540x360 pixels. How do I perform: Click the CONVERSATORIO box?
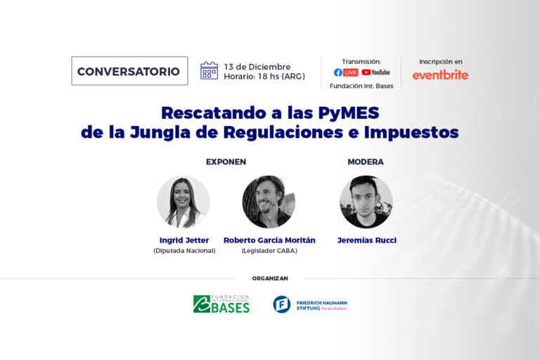129,71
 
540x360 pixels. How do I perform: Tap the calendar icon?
209,70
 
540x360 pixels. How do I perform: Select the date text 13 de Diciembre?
257,67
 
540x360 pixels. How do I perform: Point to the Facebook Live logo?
346,72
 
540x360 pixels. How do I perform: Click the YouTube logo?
375,72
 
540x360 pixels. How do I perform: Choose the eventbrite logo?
440,75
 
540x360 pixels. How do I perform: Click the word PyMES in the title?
349,113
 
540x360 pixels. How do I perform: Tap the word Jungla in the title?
160,133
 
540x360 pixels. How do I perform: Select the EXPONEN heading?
226,162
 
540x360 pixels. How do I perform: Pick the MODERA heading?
366,162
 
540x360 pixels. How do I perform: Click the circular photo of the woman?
184,202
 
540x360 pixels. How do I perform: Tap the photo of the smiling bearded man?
269,202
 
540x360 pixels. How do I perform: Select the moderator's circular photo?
366,202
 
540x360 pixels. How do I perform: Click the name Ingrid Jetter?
184,240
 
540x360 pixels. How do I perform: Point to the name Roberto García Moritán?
269,240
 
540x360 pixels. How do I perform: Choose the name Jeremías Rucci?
367,240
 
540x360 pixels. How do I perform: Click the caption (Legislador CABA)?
269,251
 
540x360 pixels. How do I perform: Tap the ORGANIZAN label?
270,278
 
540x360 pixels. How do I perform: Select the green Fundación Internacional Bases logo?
221,304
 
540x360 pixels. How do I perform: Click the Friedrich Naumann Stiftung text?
321,305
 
